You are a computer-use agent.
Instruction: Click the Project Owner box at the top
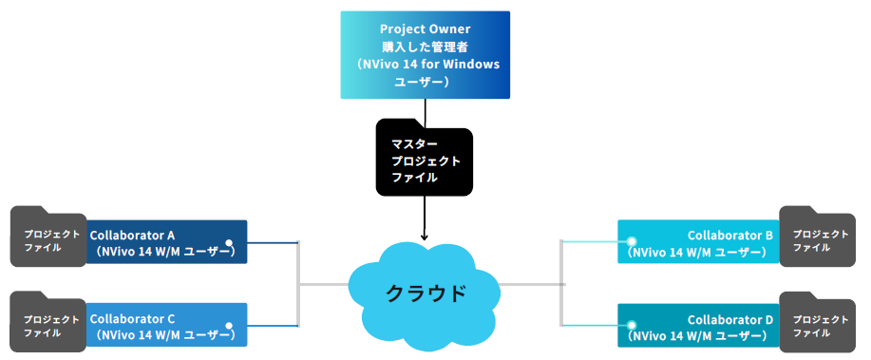click(425, 55)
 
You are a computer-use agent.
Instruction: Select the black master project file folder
click(424, 159)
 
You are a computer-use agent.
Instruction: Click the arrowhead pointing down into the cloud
click(425, 237)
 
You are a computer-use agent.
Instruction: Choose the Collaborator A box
click(166, 242)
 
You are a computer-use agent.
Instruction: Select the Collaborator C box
click(166, 325)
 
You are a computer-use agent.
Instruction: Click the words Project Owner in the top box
click(425, 28)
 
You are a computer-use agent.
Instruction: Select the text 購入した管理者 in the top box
click(425, 47)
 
